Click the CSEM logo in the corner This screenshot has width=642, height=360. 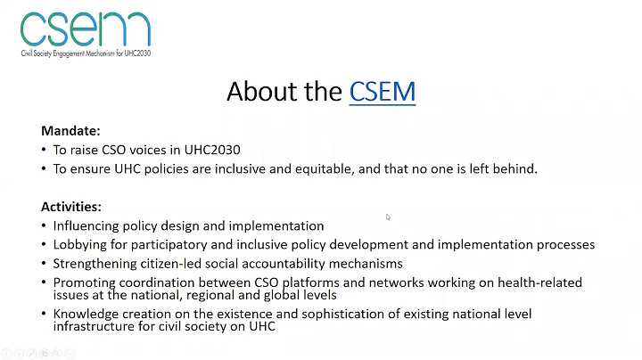(85, 29)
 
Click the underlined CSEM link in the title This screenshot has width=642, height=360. (383, 91)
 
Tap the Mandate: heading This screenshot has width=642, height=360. (70, 130)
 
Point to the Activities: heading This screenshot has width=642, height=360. (71, 207)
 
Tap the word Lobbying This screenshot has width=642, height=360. (81, 244)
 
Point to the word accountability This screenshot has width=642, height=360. (295, 263)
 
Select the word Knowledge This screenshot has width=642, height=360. (86, 314)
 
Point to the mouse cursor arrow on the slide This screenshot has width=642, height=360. (388, 217)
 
